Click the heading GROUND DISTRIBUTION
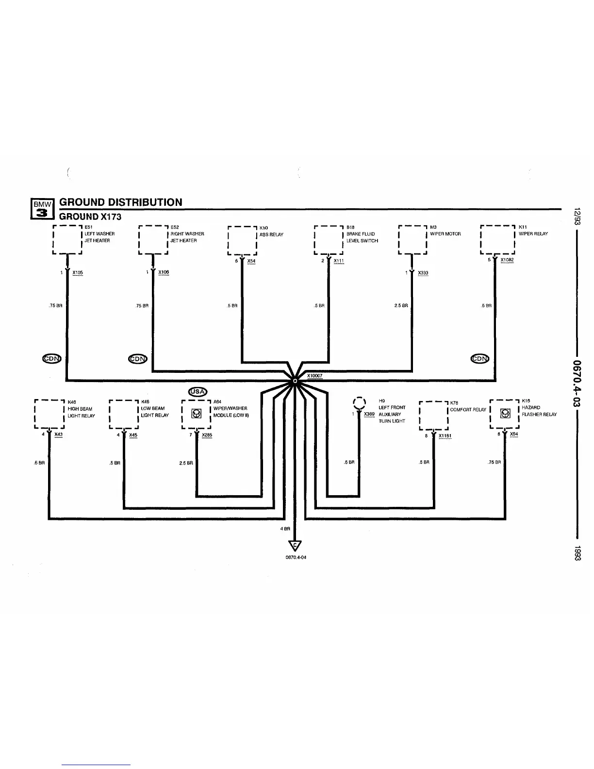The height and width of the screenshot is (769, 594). click(x=121, y=202)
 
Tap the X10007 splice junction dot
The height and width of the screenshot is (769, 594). click(x=295, y=381)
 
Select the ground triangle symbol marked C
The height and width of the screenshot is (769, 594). click(x=295, y=546)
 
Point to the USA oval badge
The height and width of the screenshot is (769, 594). click(x=198, y=392)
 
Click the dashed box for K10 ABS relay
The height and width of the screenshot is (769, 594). click(x=242, y=240)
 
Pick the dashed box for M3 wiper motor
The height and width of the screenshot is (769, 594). click(x=412, y=239)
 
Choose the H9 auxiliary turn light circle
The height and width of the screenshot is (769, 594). click(x=359, y=403)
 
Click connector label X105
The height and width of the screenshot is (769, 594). click(x=78, y=273)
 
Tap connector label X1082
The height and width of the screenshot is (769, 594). click(x=507, y=260)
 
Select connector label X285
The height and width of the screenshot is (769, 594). click(x=207, y=435)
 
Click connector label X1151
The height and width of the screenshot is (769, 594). click(x=445, y=436)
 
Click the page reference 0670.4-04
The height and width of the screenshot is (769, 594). click(x=296, y=557)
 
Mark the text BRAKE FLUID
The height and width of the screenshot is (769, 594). click(x=361, y=234)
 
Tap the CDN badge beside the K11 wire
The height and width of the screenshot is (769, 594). click(x=480, y=359)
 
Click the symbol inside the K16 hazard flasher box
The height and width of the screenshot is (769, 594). click(x=505, y=414)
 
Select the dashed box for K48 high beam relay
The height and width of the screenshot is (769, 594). click(x=49, y=414)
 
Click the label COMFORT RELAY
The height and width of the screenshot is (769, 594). click(x=468, y=410)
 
